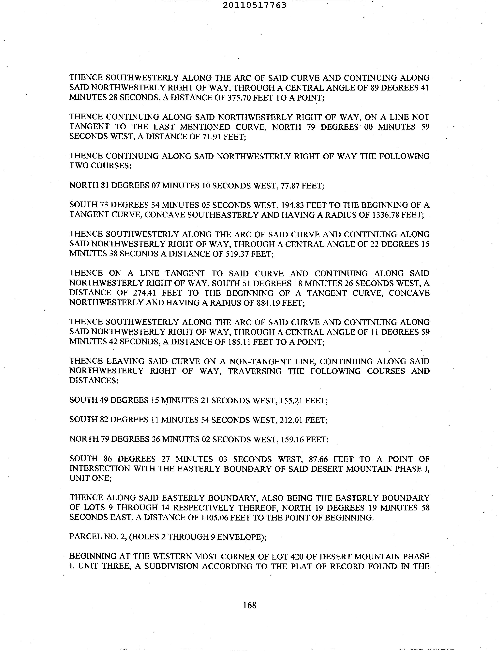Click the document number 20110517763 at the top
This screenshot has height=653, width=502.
tap(254, 5)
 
